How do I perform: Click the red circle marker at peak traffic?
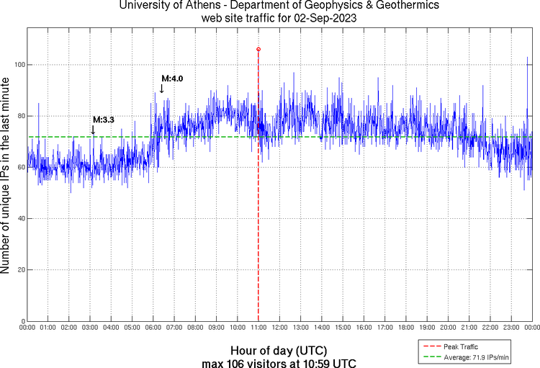(258, 49)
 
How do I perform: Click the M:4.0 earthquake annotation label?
(172, 78)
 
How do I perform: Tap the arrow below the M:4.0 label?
(162, 89)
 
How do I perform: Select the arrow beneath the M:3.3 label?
(93, 130)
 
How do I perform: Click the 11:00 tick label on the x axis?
(258, 328)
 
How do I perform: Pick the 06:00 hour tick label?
(153, 328)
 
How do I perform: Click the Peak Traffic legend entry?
(461, 347)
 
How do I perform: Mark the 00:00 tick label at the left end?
(28, 328)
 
